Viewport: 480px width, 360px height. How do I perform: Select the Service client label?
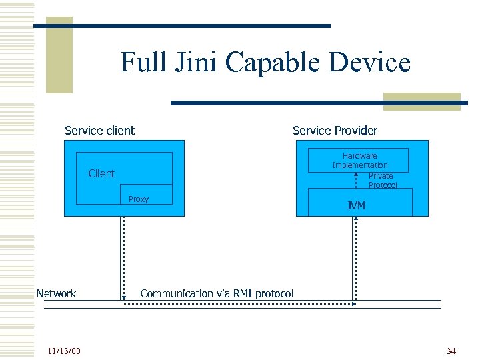[99, 131]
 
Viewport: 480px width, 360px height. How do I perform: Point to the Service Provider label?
[335, 131]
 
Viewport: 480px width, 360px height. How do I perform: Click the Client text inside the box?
[101, 173]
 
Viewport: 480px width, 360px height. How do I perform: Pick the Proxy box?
[146, 195]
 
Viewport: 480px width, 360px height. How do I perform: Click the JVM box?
[360, 203]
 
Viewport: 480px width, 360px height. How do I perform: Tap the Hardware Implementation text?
[359, 160]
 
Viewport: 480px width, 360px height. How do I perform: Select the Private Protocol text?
[382, 181]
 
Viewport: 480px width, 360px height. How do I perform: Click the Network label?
[56, 293]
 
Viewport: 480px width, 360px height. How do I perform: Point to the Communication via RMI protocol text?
[216, 293]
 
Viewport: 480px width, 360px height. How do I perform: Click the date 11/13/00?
[64, 351]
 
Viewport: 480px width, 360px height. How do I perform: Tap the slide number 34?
[451, 351]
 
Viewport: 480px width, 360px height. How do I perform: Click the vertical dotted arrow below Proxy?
[123, 257]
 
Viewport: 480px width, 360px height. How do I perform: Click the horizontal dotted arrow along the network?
[240, 303]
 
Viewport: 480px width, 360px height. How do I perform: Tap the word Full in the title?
[141, 63]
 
